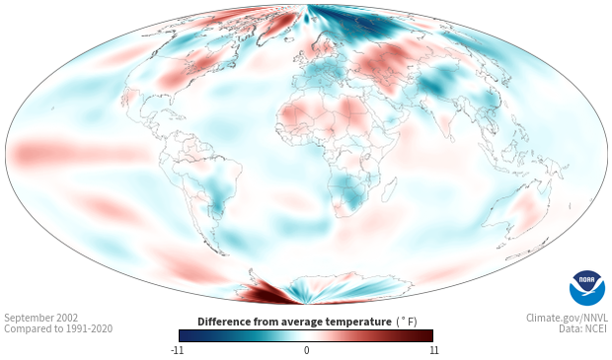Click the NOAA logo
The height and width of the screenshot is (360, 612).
tap(587, 288)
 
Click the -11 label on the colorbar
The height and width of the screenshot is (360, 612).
tap(178, 350)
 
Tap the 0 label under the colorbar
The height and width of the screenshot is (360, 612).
tap(306, 350)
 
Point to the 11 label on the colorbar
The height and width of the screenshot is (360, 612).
tap(433, 350)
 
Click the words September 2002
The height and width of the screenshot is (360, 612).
tap(41, 318)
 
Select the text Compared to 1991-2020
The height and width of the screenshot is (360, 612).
tap(58, 328)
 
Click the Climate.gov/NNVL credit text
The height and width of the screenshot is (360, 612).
tap(567, 318)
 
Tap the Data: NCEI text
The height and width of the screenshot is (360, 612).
tap(583, 328)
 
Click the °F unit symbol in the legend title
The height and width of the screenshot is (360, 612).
tap(407, 322)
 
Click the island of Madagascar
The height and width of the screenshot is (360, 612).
tap(390, 189)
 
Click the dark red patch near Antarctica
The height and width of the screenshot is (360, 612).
tap(269, 293)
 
